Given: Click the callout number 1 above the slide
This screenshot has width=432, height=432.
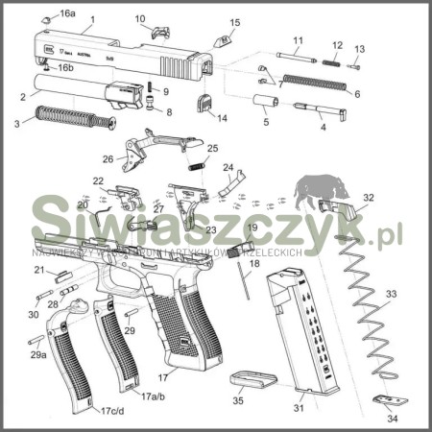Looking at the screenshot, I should (x=91, y=19).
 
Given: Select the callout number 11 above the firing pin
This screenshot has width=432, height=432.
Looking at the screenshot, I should (x=298, y=40).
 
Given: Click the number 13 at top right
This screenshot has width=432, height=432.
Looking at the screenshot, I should (x=359, y=49).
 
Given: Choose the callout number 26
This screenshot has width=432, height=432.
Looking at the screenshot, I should (x=108, y=159).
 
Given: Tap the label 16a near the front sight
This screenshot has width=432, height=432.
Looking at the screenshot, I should (x=66, y=13).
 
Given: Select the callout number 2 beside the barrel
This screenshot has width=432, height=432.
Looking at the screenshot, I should (x=22, y=96).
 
